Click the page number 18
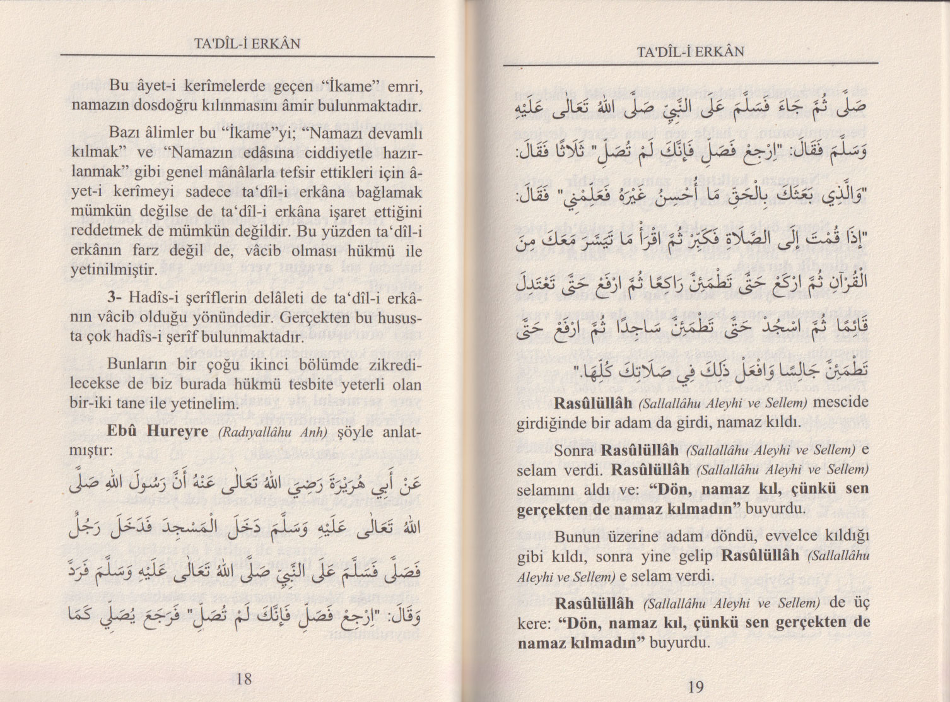244,679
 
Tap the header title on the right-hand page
691,51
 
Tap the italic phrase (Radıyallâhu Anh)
274,433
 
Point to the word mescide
842,402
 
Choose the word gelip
696,556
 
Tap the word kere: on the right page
535,623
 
